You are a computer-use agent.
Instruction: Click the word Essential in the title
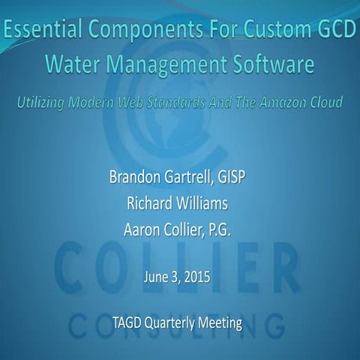38,31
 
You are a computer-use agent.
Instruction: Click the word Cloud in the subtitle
327,102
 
